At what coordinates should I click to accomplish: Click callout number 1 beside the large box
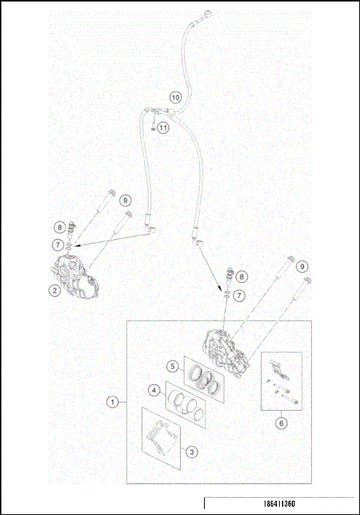coord(112,402)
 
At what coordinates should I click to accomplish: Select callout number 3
coord(192,452)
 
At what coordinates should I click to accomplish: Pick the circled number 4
coord(153,391)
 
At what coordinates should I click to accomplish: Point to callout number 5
coord(172,367)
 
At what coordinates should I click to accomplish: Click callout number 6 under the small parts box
coord(281,423)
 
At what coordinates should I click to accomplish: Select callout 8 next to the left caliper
coord(58,227)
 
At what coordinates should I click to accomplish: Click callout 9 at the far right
coord(301,266)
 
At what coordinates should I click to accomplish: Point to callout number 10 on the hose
coord(175,97)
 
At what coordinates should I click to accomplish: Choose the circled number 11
coord(163,127)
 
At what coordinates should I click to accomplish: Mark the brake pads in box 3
coord(160,439)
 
